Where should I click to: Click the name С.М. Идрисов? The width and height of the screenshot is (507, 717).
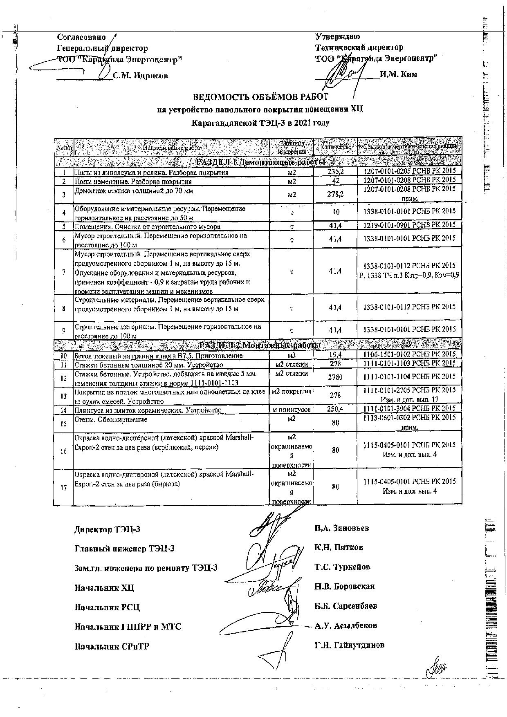(140, 76)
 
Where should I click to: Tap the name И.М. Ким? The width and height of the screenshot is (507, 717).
(398, 74)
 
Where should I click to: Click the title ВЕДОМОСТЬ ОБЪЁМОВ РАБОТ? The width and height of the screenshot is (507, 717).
(260, 97)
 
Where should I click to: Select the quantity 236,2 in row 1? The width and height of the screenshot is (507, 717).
(335, 172)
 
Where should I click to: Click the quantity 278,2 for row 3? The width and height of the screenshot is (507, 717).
(335, 194)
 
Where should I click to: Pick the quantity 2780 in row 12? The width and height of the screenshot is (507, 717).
(335, 377)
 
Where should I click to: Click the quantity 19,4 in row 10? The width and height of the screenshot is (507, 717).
(335, 355)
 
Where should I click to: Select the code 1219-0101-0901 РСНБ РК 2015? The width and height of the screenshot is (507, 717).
(409, 225)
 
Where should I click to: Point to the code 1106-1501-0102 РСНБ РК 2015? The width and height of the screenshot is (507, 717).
(409, 354)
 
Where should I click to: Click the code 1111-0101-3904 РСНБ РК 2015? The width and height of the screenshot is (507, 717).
(409, 408)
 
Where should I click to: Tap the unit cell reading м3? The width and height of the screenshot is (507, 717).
(292, 355)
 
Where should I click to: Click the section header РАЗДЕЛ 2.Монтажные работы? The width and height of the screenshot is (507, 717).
(258, 345)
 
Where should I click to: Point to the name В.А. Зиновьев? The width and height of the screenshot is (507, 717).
(342, 528)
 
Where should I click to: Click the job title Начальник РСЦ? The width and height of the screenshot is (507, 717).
(107, 607)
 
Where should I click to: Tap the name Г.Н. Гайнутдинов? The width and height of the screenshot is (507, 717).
(349, 645)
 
